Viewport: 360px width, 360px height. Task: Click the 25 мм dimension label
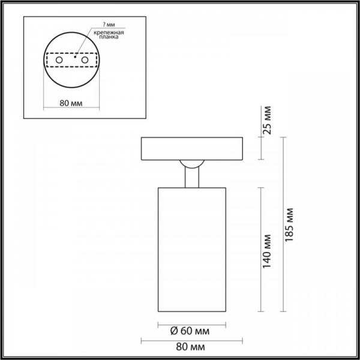pyautogui.click(x=269, y=122)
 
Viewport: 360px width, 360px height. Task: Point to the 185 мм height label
pyautogui.click(x=290, y=223)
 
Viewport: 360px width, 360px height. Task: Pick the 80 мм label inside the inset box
pyautogui.click(x=72, y=103)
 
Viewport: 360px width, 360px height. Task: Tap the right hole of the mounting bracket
pyautogui.click(x=85, y=60)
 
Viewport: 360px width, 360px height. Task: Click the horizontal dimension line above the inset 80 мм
pyautogui.click(x=72, y=109)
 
